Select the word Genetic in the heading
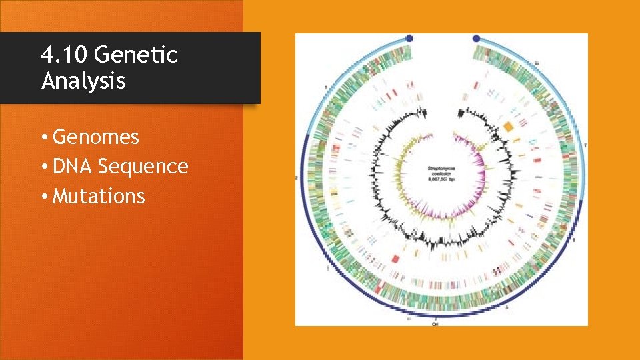(x=141, y=54)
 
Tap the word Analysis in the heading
(x=83, y=81)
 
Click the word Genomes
(x=96, y=137)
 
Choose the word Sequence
(x=143, y=167)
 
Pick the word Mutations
(x=99, y=196)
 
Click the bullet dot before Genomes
(x=43, y=138)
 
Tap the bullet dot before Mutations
(x=43, y=197)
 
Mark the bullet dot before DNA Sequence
(x=43, y=167)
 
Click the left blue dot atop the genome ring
(x=409, y=39)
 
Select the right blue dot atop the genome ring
(x=476, y=39)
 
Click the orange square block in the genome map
(x=508, y=127)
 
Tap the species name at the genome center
(x=441, y=172)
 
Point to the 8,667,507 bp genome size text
(x=441, y=181)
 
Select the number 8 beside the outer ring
(x=537, y=63)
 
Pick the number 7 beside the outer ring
(x=585, y=145)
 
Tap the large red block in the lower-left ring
(x=394, y=257)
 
